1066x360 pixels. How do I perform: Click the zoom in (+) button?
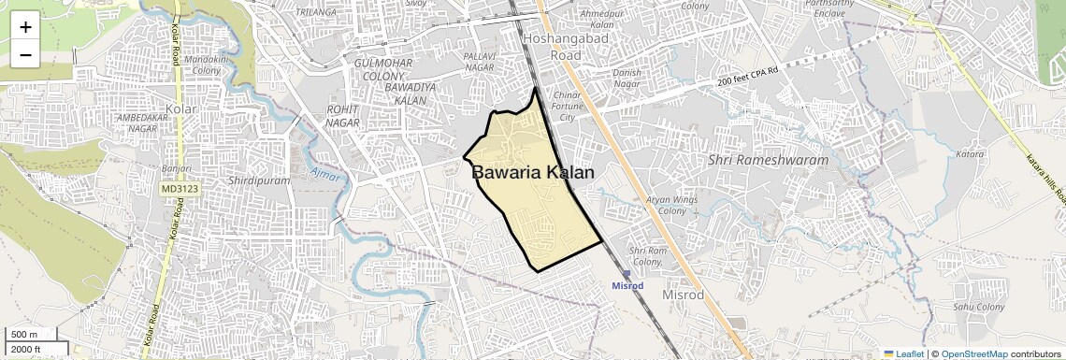click(25, 26)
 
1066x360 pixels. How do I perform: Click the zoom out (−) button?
click(25, 54)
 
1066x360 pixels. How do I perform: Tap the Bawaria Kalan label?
click(532, 172)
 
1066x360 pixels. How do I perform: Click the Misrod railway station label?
click(627, 284)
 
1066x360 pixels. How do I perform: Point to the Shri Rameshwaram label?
click(769, 160)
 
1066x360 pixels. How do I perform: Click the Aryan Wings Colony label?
click(671, 206)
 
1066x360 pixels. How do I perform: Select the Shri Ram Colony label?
click(646, 256)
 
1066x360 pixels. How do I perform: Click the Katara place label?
click(972, 152)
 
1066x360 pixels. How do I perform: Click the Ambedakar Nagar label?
click(137, 122)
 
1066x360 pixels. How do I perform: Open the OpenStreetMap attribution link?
click(974, 353)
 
